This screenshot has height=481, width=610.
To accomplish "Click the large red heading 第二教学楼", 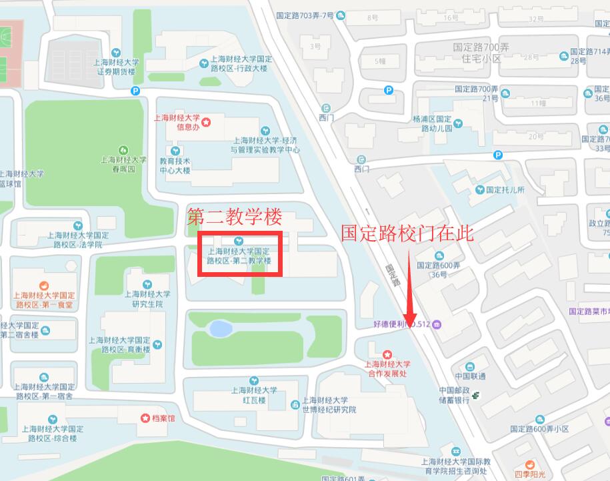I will point(235,217).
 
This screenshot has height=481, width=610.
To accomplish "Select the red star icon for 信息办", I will point(207,122).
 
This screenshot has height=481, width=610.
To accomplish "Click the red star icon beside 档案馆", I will point(145,418).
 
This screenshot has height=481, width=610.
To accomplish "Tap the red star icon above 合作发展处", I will point(387,353).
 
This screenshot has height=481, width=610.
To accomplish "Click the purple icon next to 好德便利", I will point(437,324).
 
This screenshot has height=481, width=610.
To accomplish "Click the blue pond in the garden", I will point(218,328).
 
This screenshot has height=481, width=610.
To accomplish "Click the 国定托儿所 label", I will point(505,190).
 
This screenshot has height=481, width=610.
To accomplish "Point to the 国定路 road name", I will point(392,273).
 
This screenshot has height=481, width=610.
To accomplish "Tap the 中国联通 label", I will point(470,376).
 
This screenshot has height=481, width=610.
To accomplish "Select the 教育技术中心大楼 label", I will point(175,165).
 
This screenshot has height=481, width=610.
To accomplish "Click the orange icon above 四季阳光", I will point(530,464).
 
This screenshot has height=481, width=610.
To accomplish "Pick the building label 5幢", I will point(380,61).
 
